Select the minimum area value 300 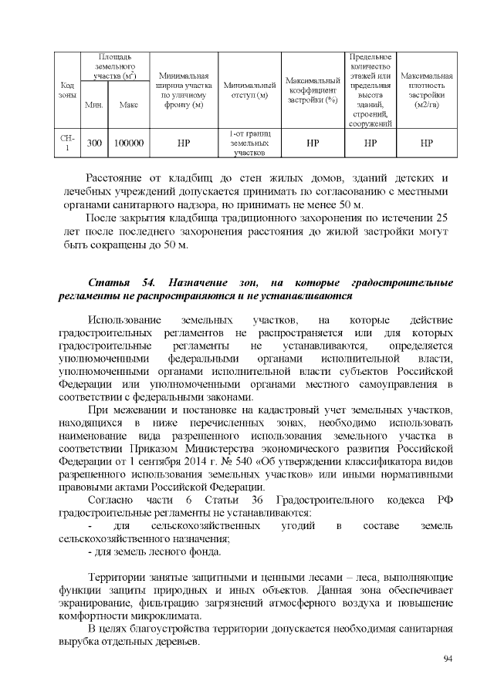pos(94,143)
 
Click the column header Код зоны pos(67,89)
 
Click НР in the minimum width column pos(184,143)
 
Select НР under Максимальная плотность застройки pos(426,143)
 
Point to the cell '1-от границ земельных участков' pos(249,143)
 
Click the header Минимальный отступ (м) pos(249,89)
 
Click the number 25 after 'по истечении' pos(442,218)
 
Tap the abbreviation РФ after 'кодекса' pos(444,500)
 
